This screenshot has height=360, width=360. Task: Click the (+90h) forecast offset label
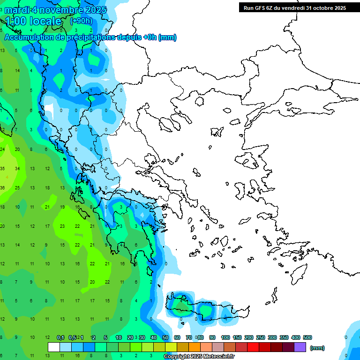[x=81, y=21]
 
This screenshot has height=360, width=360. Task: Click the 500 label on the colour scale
[x=307, y=337]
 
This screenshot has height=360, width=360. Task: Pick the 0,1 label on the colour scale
[x=60, y=337]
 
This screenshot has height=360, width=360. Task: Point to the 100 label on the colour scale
[x=225, y=337]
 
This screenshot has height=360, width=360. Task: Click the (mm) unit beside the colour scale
[x=317, y=348]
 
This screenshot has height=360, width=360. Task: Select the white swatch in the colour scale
[x=54, y=347]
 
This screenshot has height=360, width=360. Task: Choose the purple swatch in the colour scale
[x=300, y=347]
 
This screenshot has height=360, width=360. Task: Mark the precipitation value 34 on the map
[x=17, y=168]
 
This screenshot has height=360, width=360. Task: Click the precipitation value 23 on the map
[x=62, y=226]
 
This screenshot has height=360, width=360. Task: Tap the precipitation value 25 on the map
[x=17, y=187]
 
